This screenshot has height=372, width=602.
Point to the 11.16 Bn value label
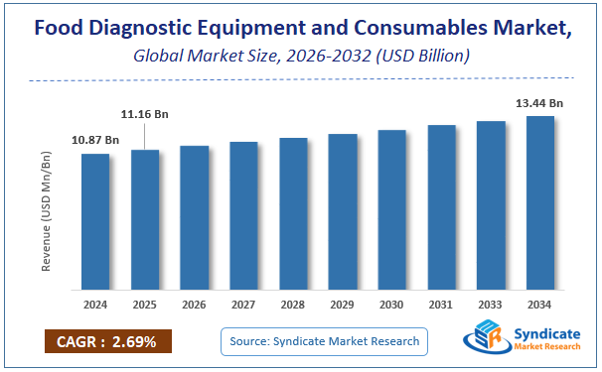point(145,115)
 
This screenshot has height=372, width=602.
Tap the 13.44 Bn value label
point(540,103)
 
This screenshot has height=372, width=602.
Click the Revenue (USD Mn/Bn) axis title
point(46,210)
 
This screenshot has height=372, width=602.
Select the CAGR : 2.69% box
point(107,342)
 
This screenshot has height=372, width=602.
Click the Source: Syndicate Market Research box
point(324,342)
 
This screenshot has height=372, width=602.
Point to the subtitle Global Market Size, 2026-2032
point(301,56)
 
